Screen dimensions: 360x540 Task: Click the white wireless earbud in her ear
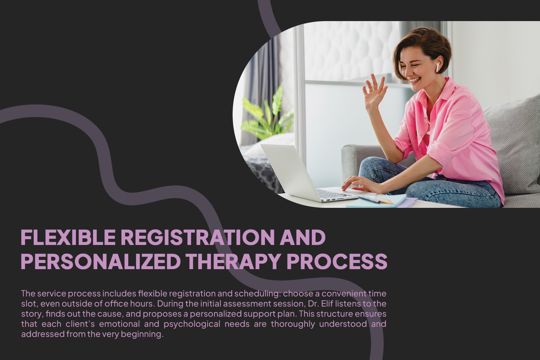pyautogui.click(x=438, y=67)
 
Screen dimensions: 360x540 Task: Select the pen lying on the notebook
pyautogui.click(x=375, y=200)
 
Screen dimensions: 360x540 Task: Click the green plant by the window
pyautogui.click(x=267, y=115)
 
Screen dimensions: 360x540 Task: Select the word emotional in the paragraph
pyautogui.click(x=119, y=324)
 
